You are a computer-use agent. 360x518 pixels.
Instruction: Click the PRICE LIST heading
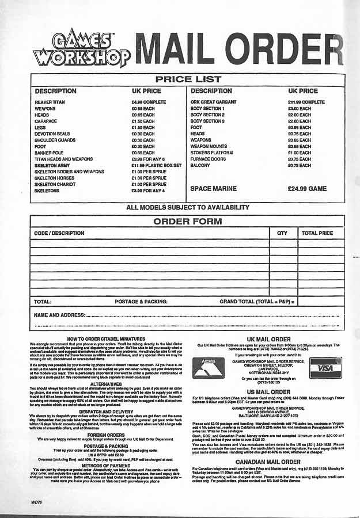click(x=188, y=79)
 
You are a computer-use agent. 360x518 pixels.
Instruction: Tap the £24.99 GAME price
click(x=307, y=188)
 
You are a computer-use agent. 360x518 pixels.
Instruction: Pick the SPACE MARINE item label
click(x=213, y=188)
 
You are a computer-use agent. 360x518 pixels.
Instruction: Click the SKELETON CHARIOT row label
click(x=60, y=184)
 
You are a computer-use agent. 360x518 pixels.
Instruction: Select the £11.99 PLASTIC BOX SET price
click(x=156, y=165)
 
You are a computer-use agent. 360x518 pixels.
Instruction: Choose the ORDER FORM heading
click(x=187, y=221)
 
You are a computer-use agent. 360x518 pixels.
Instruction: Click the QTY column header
click(x=282, y=233)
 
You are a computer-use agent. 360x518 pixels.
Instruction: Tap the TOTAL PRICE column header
click(x=317, y=233)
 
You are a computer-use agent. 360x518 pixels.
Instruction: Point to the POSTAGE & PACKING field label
click(x=141, y=301)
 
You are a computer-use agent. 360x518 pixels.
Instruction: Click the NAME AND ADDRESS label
click(x=59, y=315)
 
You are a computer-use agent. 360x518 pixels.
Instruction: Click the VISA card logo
click(x=325, y=366)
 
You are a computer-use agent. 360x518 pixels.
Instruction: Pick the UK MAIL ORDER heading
click(x=268, y=340)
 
